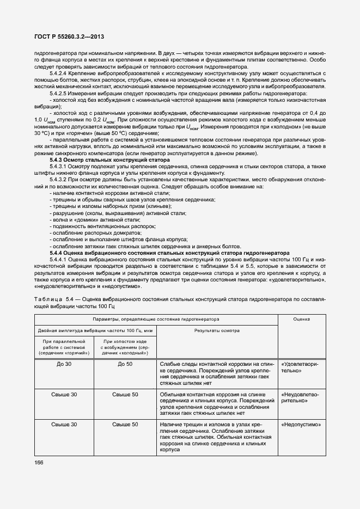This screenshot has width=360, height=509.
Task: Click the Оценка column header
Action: pos(301,320)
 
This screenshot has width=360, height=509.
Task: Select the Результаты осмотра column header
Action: pos(216,330)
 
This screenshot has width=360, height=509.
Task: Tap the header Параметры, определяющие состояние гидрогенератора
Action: pos(155,320)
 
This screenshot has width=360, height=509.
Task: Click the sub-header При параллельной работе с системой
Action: pos(64,347)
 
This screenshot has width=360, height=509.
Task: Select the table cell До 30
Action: pos(64,364)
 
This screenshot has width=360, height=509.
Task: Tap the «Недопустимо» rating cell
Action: pos(301,424)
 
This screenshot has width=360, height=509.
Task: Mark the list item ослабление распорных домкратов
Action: pos(86,232)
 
